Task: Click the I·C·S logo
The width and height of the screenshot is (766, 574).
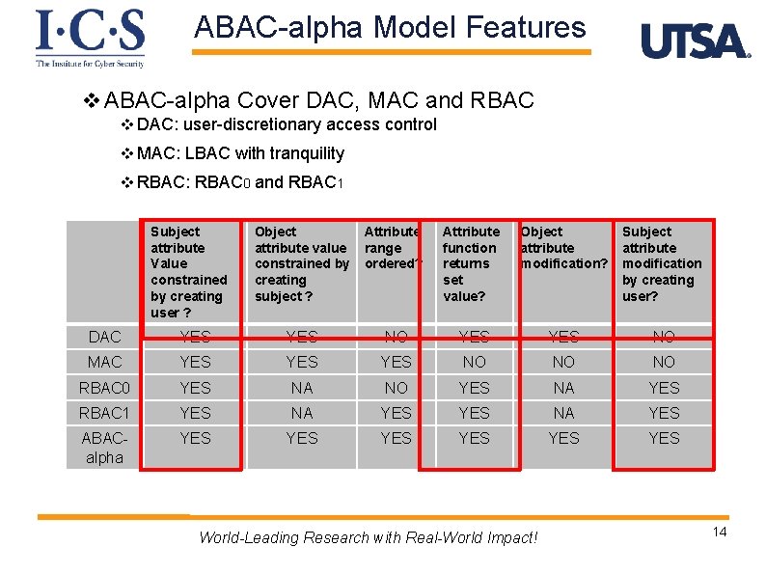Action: point(90,38)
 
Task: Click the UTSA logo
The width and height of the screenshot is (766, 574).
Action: point(695,41)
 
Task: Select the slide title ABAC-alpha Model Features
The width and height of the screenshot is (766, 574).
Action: point(390,27)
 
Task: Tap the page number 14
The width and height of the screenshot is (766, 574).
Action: point(719,533)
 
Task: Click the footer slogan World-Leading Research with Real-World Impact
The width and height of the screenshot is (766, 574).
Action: point(368,537)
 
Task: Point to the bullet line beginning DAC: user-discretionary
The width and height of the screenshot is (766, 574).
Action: point(286,124)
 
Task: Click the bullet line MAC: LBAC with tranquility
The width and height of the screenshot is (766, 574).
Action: point(239,153)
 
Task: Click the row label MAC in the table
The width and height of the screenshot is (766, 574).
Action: point(104,362)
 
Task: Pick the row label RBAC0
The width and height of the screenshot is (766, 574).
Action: point(104,388)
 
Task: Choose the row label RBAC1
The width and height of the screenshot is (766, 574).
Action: point(104,413)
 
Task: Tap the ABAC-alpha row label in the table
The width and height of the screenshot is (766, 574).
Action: point(104,448)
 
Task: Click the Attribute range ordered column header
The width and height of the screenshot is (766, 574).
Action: point(392,248)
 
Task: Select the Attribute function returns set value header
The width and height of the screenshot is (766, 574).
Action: point(472,263)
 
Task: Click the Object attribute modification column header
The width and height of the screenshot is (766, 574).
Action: point(564,248)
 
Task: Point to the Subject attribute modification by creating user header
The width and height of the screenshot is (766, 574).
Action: point(662,263)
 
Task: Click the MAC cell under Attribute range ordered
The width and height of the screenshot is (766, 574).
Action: point(396,362)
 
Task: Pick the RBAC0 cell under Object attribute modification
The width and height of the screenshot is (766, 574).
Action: point(563,388)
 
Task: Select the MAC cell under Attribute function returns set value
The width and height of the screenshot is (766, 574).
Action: point(474,362)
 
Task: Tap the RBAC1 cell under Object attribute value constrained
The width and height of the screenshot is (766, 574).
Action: point(302,413)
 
